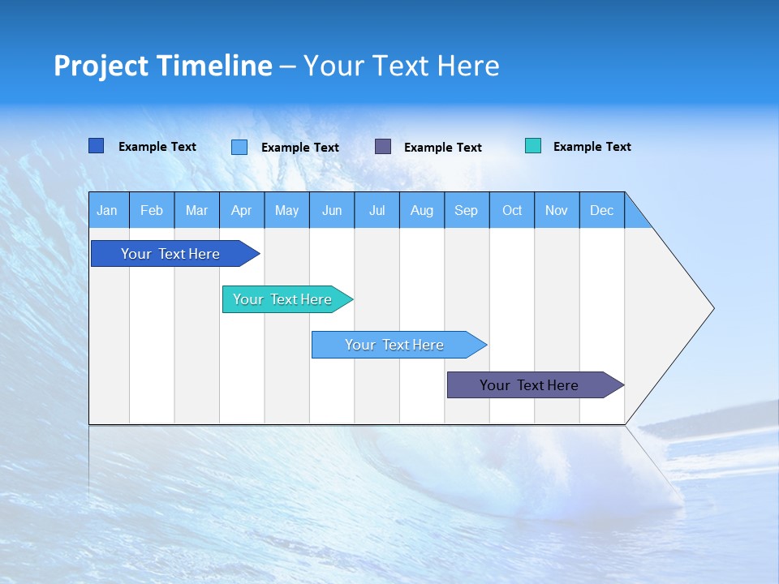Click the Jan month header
pos(108,210)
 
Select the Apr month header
pos(242,210)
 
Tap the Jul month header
pos(377,210)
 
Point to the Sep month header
pos(467,210)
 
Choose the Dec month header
pos(601,210)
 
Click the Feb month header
pos(152,210)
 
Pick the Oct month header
pos(512,210)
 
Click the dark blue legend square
pos(97,146)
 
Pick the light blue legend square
pos(239,147)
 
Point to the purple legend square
pos(383,146)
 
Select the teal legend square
pos(533,146)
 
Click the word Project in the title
pos(101,66)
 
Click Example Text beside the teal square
pos(592,147)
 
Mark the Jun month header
pos(332,210)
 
